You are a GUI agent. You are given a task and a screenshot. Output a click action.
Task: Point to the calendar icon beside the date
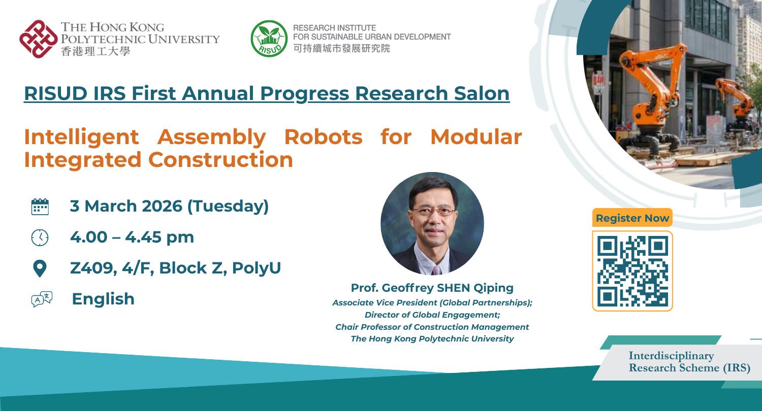(40, 207)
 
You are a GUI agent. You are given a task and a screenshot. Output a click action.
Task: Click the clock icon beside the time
(40, 237)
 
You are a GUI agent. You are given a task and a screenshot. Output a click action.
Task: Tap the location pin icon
(40, 268)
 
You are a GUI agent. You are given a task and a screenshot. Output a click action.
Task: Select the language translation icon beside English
(42, 299)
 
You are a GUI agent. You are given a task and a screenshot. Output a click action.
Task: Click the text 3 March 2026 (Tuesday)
(169, 207)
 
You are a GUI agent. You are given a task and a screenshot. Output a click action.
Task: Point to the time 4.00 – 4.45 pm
(132, 237)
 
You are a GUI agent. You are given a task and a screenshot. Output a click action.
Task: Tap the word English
(103, 299)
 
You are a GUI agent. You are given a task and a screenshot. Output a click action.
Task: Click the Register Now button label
(632, 218)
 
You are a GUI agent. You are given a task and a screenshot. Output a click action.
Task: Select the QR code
(632, 271)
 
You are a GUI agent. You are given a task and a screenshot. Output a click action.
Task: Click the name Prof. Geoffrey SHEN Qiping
(432, 288)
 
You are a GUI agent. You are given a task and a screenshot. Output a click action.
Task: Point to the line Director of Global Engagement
(432, 315)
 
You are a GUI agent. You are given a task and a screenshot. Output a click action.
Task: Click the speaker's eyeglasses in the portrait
(433, 212)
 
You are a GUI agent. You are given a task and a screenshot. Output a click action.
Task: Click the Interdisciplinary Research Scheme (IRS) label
(689, 362)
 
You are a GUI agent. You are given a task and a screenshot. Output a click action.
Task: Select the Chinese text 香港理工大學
(95, 51)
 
